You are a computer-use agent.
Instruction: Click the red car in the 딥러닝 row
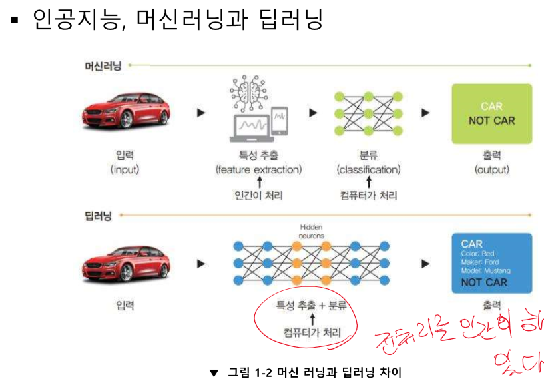point(125,264)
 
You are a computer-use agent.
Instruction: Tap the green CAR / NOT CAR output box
point(491,113)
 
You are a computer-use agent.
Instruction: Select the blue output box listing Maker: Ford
point(491,263)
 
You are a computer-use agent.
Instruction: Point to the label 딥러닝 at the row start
point(98,216)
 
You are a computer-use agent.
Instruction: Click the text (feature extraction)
point(258,170)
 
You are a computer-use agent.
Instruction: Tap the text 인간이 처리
point(259,196)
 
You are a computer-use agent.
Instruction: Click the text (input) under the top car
point(125,170)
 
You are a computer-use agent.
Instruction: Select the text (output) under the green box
point(491,170)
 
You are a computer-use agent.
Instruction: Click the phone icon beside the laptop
point(280,123)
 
